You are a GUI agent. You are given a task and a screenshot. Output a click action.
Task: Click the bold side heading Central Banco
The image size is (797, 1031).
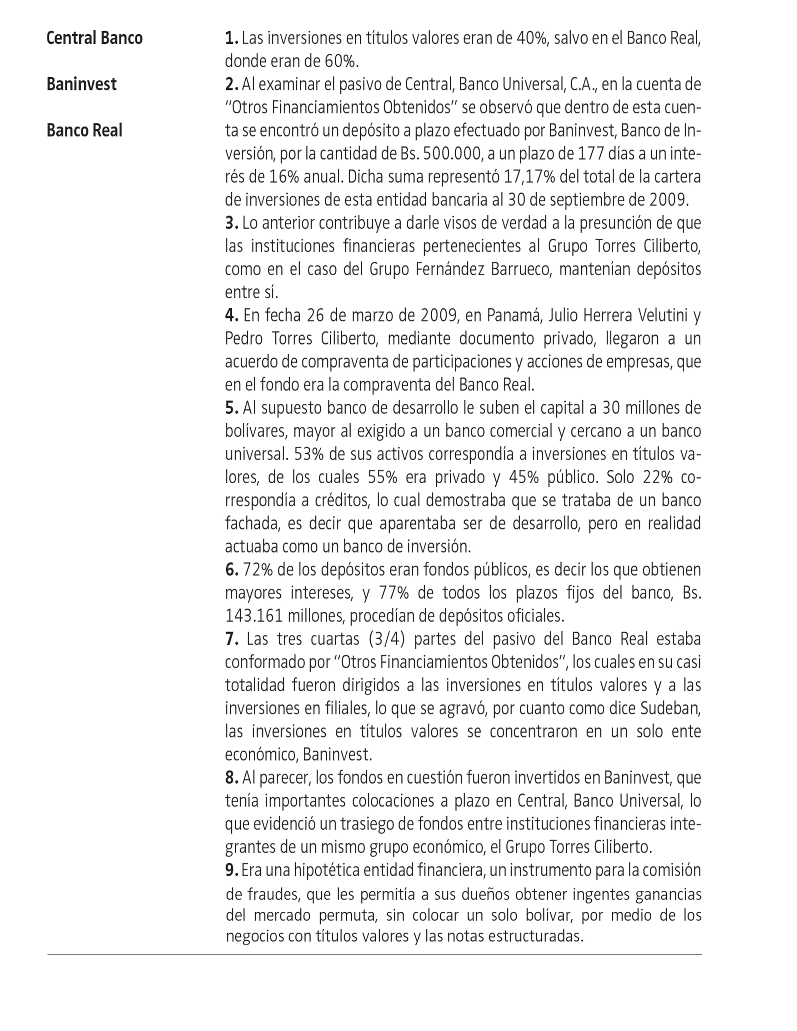point(94,38)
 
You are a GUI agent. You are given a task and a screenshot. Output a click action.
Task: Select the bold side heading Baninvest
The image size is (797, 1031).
point(81,84)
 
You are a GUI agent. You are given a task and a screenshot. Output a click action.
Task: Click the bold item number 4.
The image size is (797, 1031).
point(231,315)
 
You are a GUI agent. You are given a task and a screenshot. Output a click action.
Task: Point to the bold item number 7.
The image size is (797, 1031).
point(231,639)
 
